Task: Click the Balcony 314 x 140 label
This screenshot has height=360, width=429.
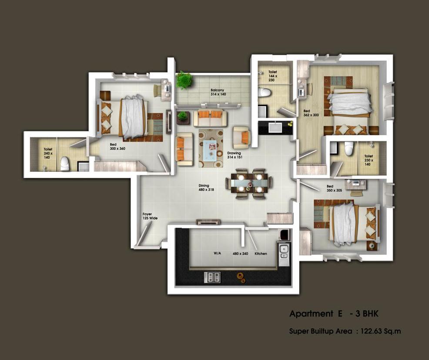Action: (218, 92)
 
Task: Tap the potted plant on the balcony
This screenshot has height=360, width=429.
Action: (184, 80)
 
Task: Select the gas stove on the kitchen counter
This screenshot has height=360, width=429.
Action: (212, 277)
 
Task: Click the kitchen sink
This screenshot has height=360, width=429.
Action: (284, 252)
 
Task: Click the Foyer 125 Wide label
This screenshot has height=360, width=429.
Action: (150, 216)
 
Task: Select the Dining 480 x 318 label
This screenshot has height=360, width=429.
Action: (206, 187)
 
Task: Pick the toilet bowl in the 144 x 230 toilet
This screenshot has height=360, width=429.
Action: (264, 92)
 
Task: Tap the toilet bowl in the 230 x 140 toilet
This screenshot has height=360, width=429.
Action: (349, 148)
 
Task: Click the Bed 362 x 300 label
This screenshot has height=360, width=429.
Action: (311, 113)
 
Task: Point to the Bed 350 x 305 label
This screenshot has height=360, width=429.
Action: (334, 188)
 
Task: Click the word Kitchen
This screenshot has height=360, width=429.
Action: (261, 253)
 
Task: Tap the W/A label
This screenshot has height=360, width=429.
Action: (217, 253)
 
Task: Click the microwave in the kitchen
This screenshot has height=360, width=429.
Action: (285, 234)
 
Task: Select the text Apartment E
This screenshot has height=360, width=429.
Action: (316, 313)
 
